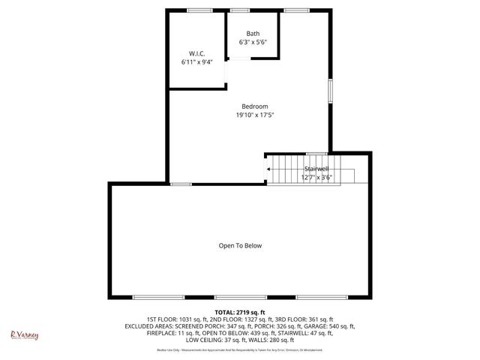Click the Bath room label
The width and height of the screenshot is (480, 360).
point(253,34)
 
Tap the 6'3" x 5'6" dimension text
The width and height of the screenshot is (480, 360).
point(253,43)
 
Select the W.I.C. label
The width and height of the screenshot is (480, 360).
point(196,53)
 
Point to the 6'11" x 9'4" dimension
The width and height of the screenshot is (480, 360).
point(196,62)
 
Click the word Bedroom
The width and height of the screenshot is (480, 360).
point(254,106)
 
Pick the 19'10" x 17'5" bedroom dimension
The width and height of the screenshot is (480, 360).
point(254,115)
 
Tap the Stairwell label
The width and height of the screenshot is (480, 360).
point(316,169)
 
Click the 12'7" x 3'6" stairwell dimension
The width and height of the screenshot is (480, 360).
point(316,178)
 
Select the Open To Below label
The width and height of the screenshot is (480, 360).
point(240,245)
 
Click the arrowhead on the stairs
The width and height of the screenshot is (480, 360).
point(268,169)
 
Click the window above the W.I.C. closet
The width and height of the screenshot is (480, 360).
point(199,10)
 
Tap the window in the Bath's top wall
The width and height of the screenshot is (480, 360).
point(240,10)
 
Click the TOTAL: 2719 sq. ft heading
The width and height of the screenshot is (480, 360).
point(240,312)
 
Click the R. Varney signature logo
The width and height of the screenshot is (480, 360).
point(24,335)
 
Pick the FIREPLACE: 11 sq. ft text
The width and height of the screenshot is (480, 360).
point(150,333)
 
